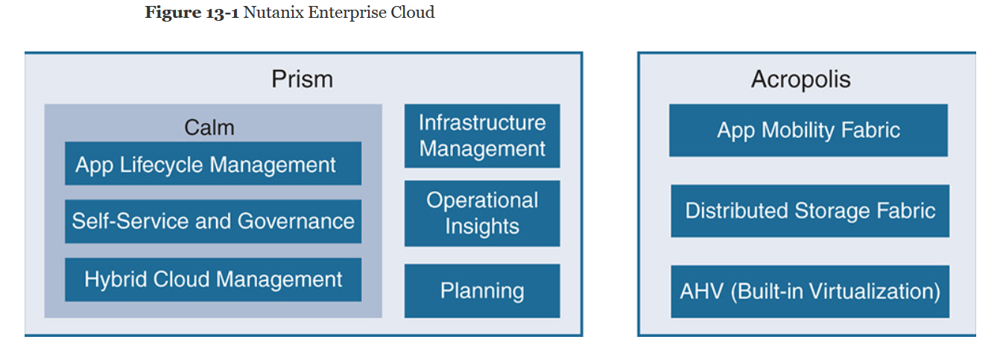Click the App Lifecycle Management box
coord(212,164)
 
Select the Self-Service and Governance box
coord(212,221)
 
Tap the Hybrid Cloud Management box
coord(212,280)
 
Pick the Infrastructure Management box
coord(482,136)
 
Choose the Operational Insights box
coord(482,213)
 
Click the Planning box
coord(482,291)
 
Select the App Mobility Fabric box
coord(809,130)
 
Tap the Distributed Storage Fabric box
coord(810,211)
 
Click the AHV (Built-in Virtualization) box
coord(810,291)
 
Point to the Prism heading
coord(302,79)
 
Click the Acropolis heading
coord(801,79)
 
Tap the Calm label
coord(209,127)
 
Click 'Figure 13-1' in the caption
coord(192,13)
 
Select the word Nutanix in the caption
coord(270,13)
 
